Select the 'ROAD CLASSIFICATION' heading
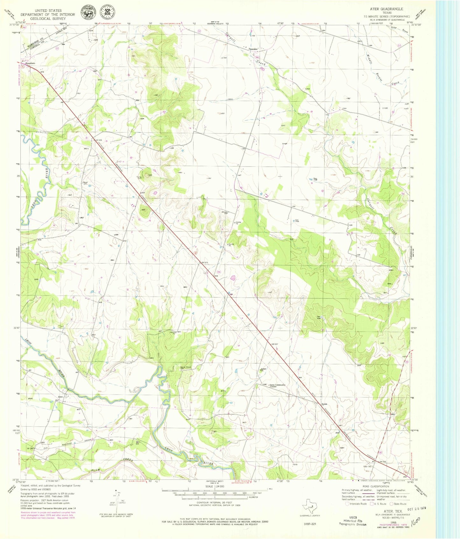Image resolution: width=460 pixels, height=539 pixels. tap(375, 486)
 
